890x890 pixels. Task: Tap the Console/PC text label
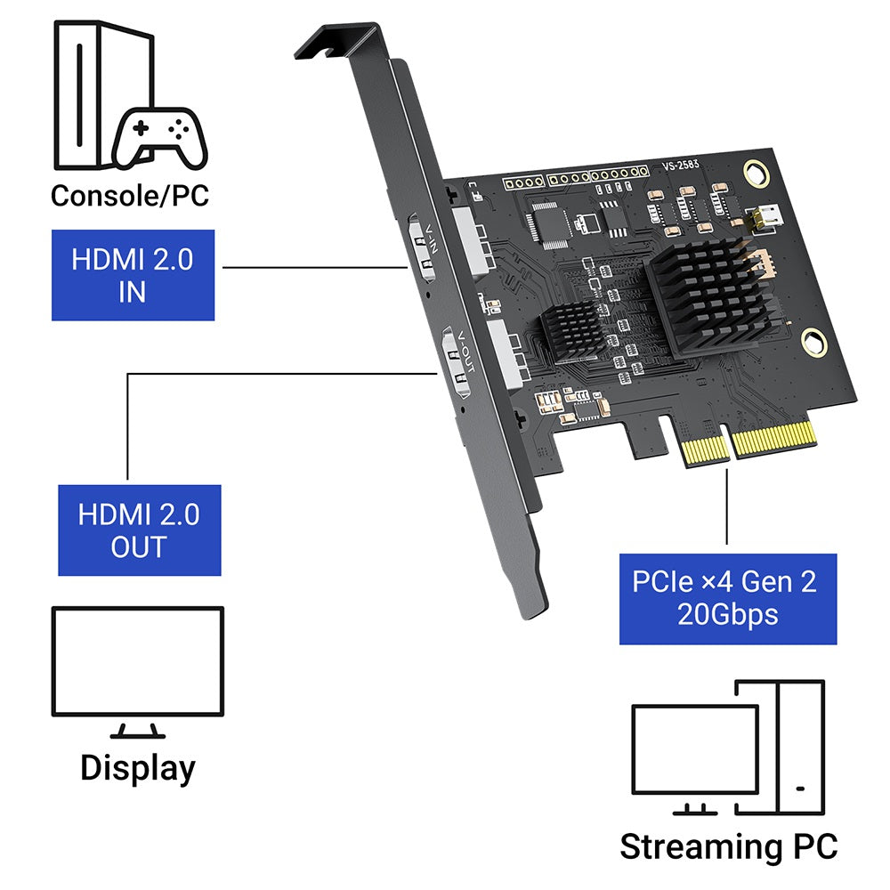[130, 195]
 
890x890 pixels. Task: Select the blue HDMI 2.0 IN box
[133, 275]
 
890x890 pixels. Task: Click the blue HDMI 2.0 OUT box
[140, 530]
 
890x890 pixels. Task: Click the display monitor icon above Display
[137, 663]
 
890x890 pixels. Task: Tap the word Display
[137, 767]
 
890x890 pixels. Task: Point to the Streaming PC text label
[728, 845]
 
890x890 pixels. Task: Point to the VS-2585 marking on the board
[682, 165]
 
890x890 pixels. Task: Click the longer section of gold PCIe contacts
[773, 441]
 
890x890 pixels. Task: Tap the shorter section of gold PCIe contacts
[703, 449]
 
